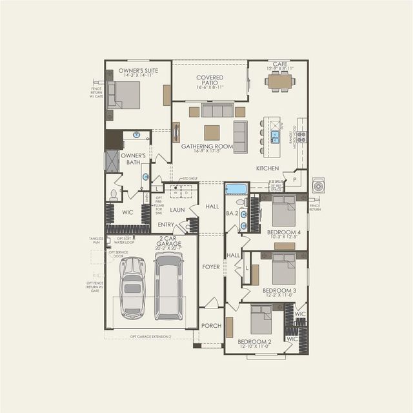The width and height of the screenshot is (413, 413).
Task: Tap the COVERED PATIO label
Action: coord(210,81)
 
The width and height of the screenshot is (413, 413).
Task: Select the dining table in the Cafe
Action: coord(279,82)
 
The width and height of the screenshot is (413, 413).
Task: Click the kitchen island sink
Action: coord(275,136)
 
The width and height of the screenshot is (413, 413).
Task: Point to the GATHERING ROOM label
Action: coord(206,146)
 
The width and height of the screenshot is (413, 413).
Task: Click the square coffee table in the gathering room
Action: coord(212,132)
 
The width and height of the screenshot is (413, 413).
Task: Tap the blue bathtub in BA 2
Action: coord(236,189)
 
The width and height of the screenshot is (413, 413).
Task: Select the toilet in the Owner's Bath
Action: coord(114,194)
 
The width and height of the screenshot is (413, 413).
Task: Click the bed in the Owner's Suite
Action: coord(124,96)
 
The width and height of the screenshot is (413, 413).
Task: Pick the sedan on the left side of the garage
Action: coord(133,287)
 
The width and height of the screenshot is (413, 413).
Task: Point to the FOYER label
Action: coord(211,266)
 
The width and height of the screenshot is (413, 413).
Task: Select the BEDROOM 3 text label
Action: coord(279,291)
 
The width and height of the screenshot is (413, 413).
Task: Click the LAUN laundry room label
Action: coord(177,210)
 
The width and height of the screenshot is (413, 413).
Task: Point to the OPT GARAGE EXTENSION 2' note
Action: coord(150,337)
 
